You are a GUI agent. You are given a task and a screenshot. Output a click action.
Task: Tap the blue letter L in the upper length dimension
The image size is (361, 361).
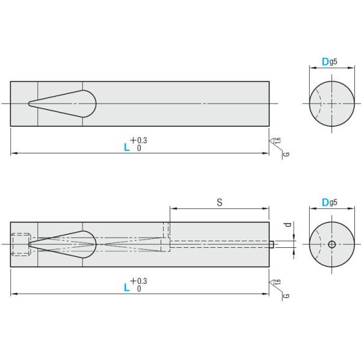[x=127, y=146]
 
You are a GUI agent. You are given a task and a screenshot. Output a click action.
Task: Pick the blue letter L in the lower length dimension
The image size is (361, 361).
[x=127, y=287]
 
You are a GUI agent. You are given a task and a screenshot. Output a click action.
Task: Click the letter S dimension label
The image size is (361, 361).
[x=220, y=203]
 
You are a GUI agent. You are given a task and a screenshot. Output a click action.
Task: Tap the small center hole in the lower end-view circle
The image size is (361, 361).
[x=332, y=244]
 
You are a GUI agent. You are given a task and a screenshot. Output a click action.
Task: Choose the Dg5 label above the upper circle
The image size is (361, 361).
[x=329, y=61]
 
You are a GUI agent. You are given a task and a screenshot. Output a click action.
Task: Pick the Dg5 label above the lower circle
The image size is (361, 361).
[x=329, y=202]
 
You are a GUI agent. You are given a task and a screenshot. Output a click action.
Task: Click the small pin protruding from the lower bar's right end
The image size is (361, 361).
[x=273, y=244]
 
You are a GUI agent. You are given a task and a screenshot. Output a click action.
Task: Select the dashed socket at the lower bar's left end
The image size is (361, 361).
[x=21, y=244]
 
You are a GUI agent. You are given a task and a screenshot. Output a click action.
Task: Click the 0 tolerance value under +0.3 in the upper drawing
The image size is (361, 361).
[x=139, y=148]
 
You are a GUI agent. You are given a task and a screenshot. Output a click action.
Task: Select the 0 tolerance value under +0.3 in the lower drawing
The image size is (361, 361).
[x=139, y=289]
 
